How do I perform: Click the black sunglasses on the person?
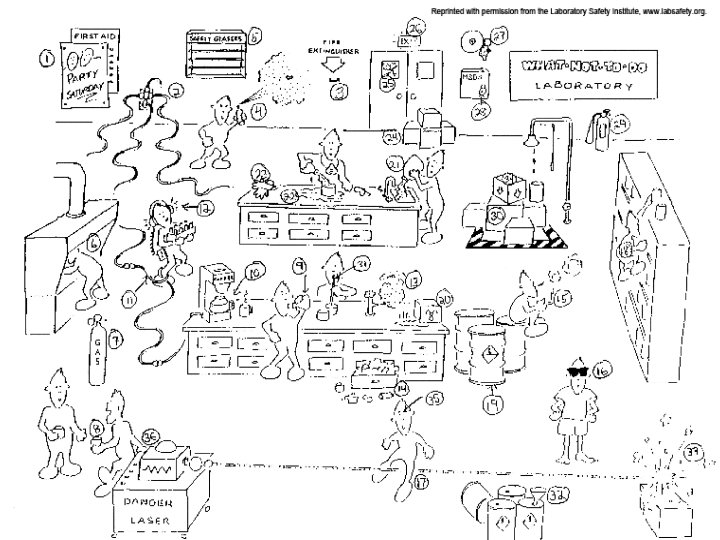click(x=577, y=373)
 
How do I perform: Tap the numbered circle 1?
click(x=46, y=59)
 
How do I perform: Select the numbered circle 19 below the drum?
click(x=491, y=406)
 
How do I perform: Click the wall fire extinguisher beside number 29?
click(x=598, y=128)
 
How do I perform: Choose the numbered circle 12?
click(x=204, y=208)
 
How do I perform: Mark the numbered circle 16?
click(x=601, y=370)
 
